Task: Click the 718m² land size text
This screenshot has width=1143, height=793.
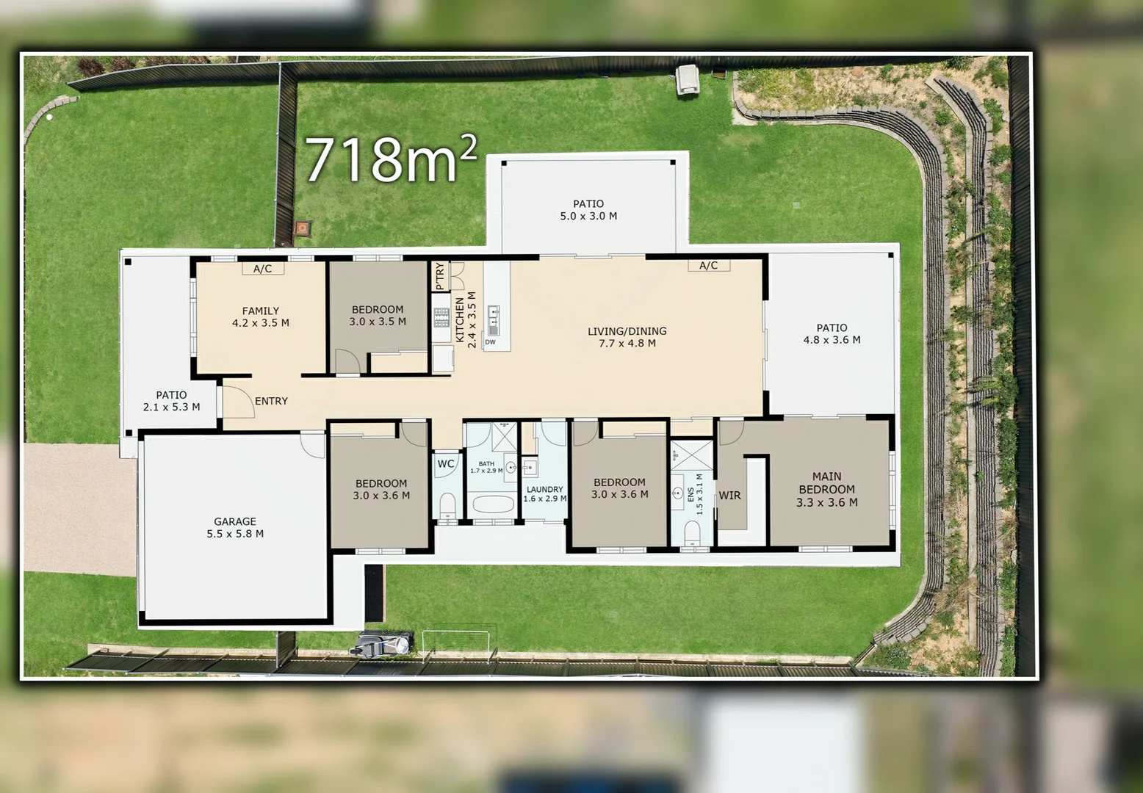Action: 391,159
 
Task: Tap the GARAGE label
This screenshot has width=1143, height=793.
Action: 235,521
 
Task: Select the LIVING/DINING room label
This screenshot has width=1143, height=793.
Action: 627,331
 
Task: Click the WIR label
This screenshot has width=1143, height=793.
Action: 729,496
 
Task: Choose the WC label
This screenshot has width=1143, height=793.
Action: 446,464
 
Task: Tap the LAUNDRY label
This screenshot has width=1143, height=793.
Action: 544,489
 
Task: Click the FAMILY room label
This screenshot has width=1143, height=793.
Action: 261,311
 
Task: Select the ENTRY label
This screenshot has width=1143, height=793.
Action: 271,401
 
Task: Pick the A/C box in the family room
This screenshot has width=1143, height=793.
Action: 262,269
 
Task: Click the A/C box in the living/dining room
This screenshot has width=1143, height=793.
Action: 708,265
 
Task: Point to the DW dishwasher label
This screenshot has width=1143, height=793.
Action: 491,342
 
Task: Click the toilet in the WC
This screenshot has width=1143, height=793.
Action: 447,505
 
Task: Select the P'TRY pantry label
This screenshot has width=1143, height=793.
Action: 440,276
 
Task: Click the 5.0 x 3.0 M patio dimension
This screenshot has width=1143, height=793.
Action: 588,216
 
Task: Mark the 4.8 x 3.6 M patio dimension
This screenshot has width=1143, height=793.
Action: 832,340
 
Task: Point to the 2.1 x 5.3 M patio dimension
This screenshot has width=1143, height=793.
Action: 171,407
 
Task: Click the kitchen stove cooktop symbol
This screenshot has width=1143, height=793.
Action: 441,317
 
